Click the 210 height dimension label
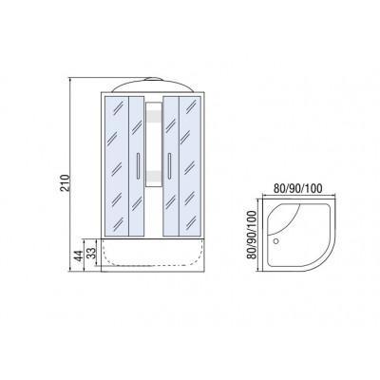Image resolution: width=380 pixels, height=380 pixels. pos(65,182)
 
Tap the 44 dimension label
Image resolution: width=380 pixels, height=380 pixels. pos(78,256)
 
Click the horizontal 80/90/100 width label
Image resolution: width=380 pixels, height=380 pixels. pos(297,188)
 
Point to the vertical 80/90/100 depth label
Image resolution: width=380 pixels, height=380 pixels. pos(252,235)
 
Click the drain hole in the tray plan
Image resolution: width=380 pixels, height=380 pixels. pos(275,241)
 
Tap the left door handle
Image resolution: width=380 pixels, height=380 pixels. pos(138,166)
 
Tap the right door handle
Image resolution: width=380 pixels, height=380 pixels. pos(170,166)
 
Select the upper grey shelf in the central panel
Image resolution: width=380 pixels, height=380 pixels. pos(154,116)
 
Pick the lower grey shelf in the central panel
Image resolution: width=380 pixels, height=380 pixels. pos(154,176)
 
